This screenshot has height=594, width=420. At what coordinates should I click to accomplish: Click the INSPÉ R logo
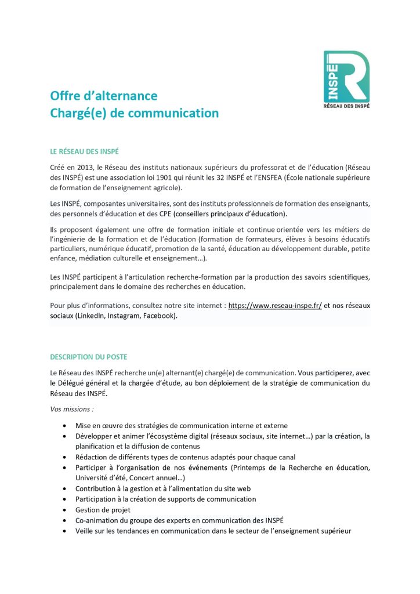coord(346,75)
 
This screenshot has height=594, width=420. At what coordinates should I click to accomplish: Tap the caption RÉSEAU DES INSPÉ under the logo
coord(346,106)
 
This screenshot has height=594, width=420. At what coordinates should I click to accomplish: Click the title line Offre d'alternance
coord(103,96)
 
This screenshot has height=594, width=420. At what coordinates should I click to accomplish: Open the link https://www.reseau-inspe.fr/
coord(275,305)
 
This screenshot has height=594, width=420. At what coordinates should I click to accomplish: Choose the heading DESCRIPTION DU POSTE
coord(89,357)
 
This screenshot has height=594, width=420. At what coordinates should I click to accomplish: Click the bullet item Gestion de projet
coord(103,510)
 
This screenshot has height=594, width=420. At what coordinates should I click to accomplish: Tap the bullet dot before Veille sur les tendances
coord(64,531)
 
